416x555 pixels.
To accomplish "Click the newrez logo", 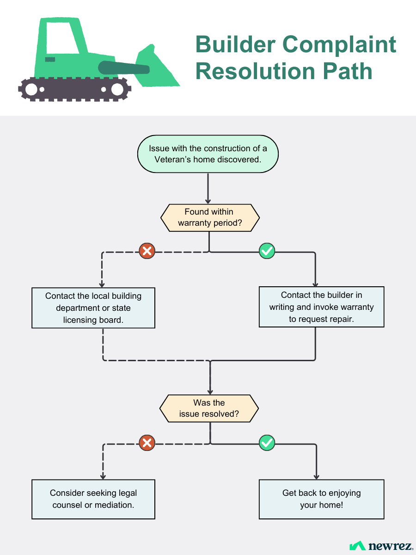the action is [x=381, y=546].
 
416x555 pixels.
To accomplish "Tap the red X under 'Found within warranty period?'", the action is [x=147, y=251].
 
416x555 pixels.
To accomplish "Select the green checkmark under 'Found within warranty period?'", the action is [x=267, y=251].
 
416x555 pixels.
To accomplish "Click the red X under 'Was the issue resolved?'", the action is [x=147, y=443].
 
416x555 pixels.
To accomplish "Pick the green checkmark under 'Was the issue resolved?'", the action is [x=267, y=443].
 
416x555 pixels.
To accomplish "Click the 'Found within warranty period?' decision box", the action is [x=210, y=218].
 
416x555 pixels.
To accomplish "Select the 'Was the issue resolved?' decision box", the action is [x=209, y=408].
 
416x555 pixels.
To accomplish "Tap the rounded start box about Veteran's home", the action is [x=208, y=154].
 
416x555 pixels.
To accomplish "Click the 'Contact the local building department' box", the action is [x=93, y=308].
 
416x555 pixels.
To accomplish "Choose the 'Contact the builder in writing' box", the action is [x=322, y=307].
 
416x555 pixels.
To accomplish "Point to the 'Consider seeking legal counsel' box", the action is [x=93, y=499].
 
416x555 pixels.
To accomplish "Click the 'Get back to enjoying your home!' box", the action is [x=322, y=499].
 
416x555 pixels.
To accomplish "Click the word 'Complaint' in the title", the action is [x=339, y=45].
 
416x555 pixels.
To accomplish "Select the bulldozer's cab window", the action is [x=63, y=38].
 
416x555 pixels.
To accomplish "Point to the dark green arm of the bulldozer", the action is [x=124, y=68].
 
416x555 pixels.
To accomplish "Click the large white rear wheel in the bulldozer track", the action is [x=31, y=89].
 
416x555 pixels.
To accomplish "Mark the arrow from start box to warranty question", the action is [x=208, y=188].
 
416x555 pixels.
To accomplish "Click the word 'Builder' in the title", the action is [x=235, y=44].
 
